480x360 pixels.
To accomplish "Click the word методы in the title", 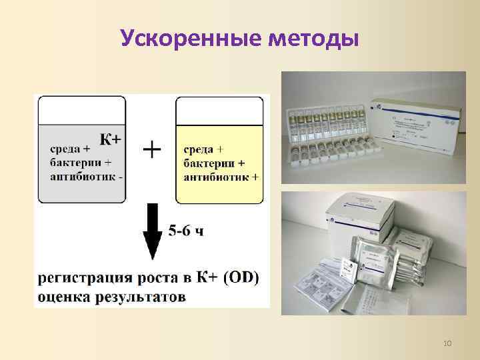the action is tap(313, 39).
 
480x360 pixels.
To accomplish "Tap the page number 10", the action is tap(447, 343).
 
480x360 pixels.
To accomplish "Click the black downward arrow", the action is tap(153, 230).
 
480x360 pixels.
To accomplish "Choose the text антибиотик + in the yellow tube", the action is tap(221, 177).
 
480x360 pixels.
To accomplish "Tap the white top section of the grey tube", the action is tap(82, 110).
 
